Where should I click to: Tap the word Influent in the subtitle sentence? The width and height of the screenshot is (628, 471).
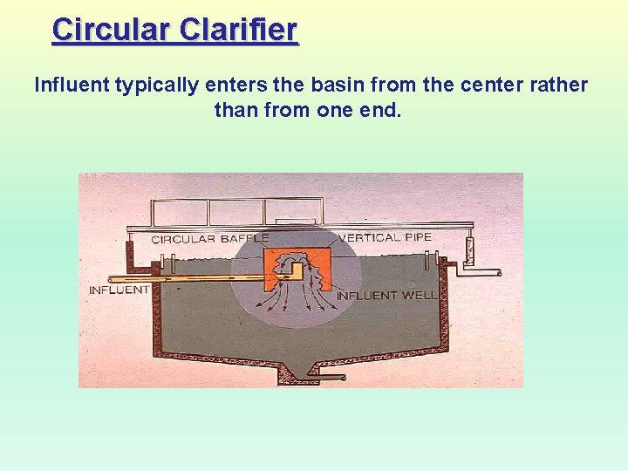click(x=69, y=85)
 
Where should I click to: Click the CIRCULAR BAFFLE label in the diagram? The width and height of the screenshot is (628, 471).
click(x=209, y=238)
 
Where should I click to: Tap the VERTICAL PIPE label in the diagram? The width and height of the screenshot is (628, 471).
click(x=385, y=237)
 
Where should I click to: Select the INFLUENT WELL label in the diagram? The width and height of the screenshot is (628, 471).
click(x=386, y=295)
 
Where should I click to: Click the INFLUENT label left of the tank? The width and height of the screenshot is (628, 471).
click(x=119, y=290)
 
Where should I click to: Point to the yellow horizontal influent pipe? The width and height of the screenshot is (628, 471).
click(x=209, y=280)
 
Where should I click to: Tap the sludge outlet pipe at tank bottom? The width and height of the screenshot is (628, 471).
click(x=323, y=378)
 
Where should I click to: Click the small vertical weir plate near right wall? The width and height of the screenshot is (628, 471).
click(x=427, y=260)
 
